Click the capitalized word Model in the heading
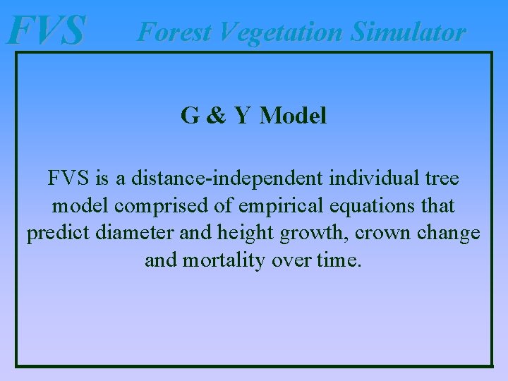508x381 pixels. tap(293, 116)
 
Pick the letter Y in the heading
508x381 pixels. tap(242, 116)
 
